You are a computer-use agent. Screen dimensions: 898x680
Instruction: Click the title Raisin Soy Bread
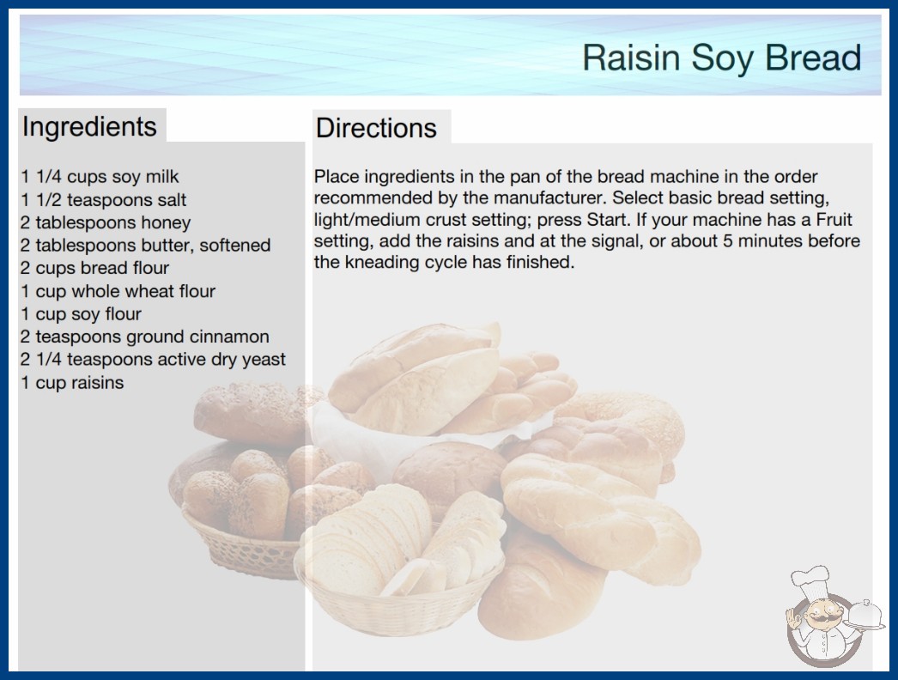pyautogui.click(x=722, y=58)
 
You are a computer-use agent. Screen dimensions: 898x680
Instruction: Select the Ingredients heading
pyautogui.click(x=89, y=126)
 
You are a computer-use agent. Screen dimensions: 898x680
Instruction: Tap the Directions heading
pyautogui.click(x=376, y=128)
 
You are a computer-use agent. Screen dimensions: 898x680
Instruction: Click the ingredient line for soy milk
pyautogui.click(x=100, y=177)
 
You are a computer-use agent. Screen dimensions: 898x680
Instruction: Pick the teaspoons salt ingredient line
pyautogui.click(x=103, y=200)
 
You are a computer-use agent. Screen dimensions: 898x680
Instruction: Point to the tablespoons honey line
pyautogui.click(x=106, y=223)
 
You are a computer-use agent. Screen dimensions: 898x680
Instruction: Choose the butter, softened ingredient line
pyautogui.click(x=145, y=246)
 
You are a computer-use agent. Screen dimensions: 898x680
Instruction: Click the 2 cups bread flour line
pyautogui.click(x=94, y=268)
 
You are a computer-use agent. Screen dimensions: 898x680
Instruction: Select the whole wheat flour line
pyautogui.click(x=118, y=291)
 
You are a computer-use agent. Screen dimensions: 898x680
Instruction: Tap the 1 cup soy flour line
pyautogui.click(x=81, y=314)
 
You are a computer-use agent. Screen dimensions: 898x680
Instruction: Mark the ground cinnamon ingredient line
pyautogui.click(x=145, y=337)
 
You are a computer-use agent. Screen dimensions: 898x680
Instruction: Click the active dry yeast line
pyautogui.click(x=153, y=360)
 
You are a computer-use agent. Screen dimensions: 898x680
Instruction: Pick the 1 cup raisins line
pyautogui.click(x=72, y=383)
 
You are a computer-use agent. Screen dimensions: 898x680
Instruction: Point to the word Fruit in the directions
pyautogui.click(x=834, y=220)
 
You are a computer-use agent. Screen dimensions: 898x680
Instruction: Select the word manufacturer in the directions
pyautogui.click(x=549, y=198)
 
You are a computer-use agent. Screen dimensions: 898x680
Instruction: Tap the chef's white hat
pyautogui.click(x=810, y=580)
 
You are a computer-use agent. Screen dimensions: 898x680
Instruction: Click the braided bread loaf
pyautogui.click(x=601, y=516)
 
